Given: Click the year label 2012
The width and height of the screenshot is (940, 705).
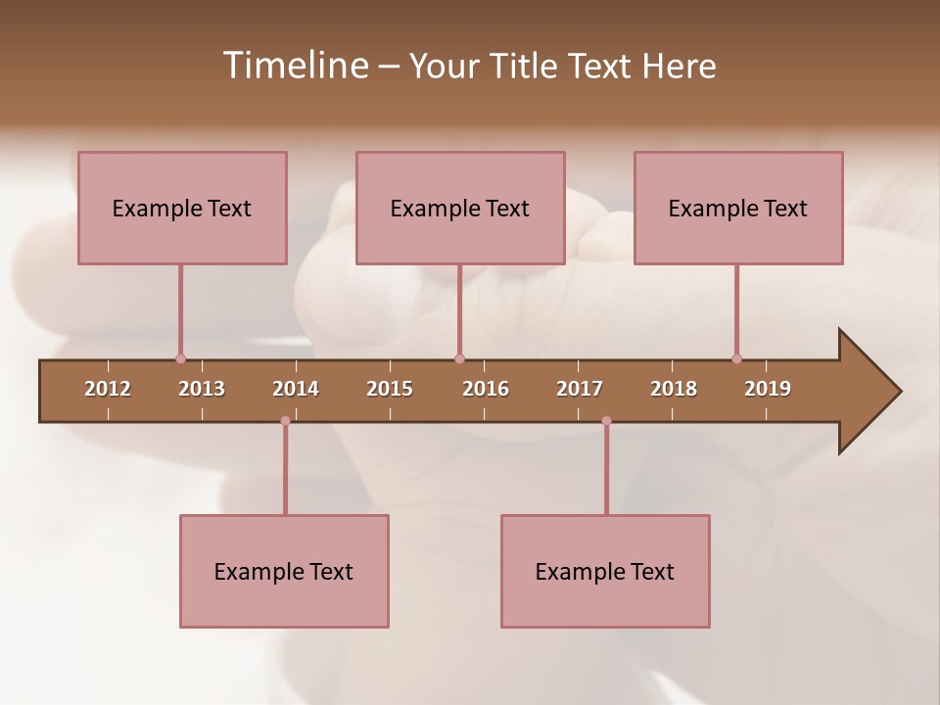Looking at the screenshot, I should coord(108,389).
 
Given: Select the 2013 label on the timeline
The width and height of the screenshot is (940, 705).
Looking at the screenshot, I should coord(202,389).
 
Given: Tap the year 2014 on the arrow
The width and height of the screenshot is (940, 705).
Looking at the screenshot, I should coord(296,389).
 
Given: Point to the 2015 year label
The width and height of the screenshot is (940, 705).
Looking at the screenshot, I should coord(390,389).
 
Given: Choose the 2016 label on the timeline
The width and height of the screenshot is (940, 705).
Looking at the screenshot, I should coord(486,389).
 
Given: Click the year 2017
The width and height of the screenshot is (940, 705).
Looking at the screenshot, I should coord(580,389).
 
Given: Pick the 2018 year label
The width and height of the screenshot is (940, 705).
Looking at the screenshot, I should coord(674,389).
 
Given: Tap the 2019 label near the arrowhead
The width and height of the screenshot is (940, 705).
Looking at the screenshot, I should coord(768,389).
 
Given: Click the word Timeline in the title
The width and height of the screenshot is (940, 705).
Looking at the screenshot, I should coord(294,66).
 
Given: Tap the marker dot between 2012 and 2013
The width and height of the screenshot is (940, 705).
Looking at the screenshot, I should coord(180,359).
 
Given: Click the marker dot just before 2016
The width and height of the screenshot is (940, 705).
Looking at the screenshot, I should coord(459,359).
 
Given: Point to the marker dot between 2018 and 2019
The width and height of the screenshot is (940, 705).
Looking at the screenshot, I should coord(736,359).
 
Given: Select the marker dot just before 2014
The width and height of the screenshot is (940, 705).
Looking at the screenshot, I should coord(285,421).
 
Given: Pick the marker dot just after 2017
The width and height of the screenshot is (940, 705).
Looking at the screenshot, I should coord(606,421).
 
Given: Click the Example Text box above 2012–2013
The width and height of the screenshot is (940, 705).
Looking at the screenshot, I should coord(182,208).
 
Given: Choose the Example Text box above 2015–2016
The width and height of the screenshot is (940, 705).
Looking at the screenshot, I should coord(460,208).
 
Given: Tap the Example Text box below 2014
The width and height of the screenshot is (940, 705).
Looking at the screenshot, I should coord(284,571).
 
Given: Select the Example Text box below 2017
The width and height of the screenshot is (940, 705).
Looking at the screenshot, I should coord(605,571).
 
